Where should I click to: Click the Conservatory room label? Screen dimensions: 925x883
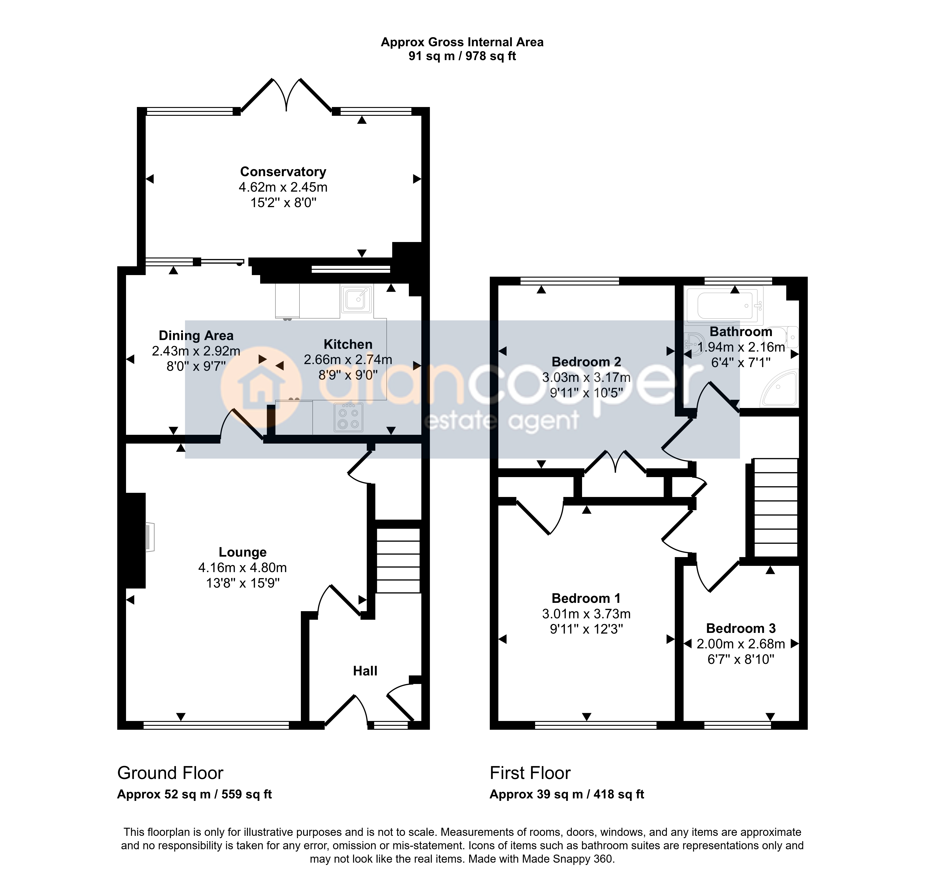coord(283,172)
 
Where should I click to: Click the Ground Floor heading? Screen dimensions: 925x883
coord(170,773)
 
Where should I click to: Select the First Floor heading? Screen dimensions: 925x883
coord(530,773)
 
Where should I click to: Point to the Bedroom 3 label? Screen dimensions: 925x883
coord(741,628)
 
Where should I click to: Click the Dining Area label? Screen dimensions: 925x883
coord(196,336)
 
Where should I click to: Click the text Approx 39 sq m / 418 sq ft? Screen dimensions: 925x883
coord(567,794)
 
